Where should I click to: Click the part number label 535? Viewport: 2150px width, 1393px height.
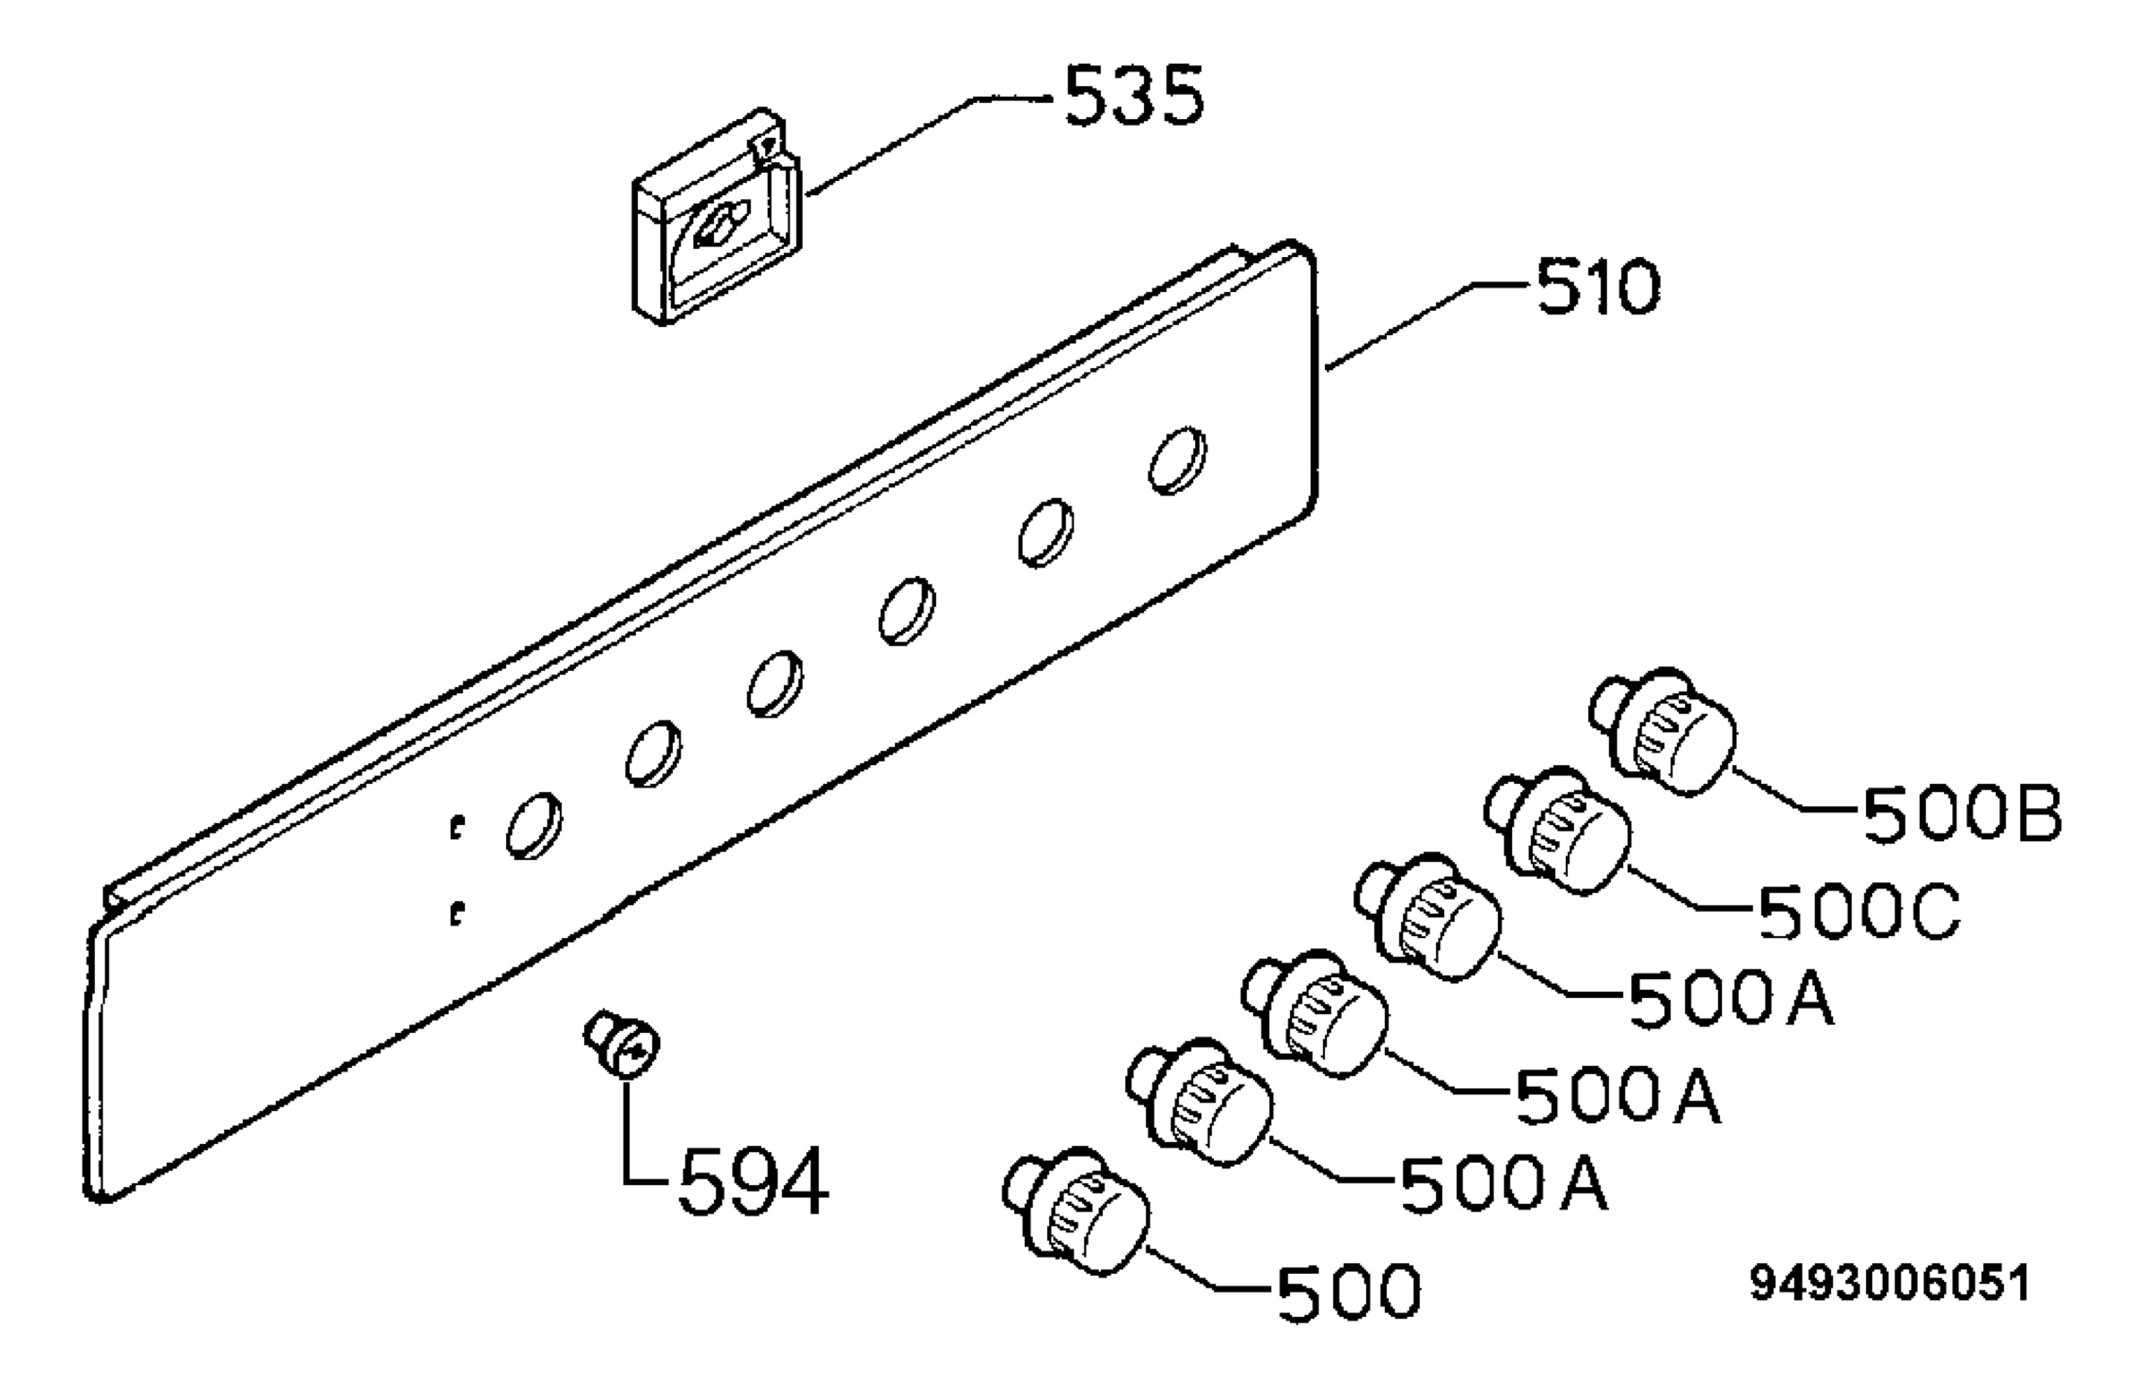1134,97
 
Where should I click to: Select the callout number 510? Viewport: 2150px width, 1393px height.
1599,287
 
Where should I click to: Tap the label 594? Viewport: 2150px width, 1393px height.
752,1181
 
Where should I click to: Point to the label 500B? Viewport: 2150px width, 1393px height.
1962,814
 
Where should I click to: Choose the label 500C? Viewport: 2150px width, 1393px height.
1859,912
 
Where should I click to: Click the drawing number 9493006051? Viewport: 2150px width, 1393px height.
1890,1284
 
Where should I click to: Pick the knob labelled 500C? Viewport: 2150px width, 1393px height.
1557,830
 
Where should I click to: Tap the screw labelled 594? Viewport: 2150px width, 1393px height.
623,1045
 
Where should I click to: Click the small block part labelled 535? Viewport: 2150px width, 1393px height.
717,217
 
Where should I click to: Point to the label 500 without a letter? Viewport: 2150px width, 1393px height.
1349,1292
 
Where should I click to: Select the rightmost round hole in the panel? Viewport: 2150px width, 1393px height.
1177,460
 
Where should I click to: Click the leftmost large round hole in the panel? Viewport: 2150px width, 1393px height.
534,826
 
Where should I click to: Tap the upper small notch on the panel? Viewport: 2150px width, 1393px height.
458,826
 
